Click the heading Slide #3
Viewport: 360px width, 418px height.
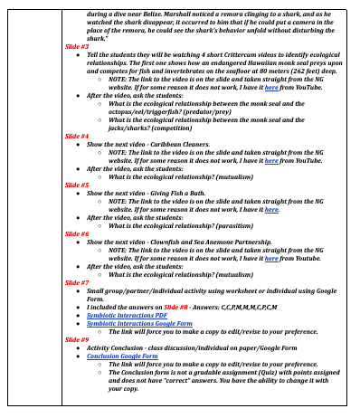click(77, 45)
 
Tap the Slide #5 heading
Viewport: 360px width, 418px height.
click(77, 185)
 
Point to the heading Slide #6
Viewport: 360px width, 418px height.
click(77, 233)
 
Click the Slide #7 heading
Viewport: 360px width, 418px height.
click(77, 282)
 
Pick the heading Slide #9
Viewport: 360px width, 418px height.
click(77, 338)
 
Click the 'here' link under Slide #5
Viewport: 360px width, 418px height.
click(271, 208)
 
